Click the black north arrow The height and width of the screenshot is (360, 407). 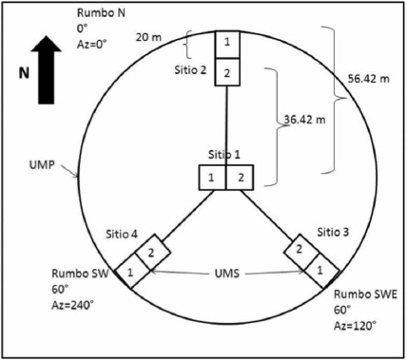tap(47, 70)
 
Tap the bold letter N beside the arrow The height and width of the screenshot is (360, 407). tap(24, 73)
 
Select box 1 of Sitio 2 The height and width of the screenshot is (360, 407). tap(227, 45)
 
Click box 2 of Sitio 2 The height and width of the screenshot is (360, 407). tap(227, 72)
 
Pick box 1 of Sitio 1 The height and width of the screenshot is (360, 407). tap(212, 178)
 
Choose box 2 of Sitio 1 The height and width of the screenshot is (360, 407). tap(240, 178)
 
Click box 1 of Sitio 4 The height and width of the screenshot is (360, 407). tap(132, 271)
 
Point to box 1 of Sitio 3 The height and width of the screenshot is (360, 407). tap(321, 271)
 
